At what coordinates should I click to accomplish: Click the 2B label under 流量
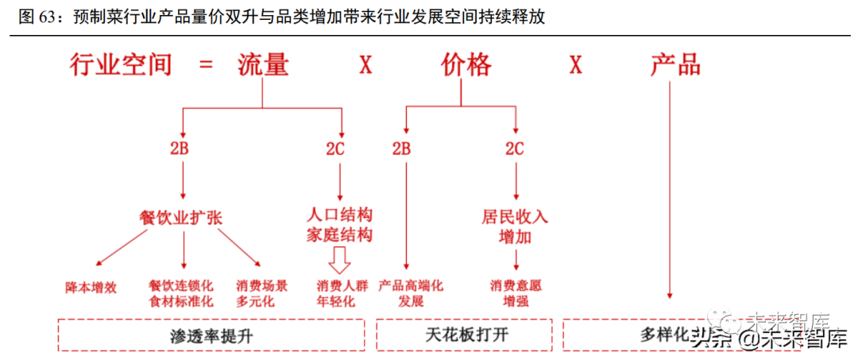click(x=182, y=148)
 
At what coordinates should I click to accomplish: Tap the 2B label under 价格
click(x=402, y=148)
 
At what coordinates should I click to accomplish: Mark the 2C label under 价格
click(x=515, y=148)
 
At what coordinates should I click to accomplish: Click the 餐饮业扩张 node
click(x=182, y=217)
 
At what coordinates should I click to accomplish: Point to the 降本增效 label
click(x=91, y=287)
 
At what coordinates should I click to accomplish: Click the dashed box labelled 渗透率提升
click(x=211, y=335)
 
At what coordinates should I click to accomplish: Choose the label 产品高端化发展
click(x=411, y=293)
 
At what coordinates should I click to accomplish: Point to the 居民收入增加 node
click(x=515, y=226)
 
